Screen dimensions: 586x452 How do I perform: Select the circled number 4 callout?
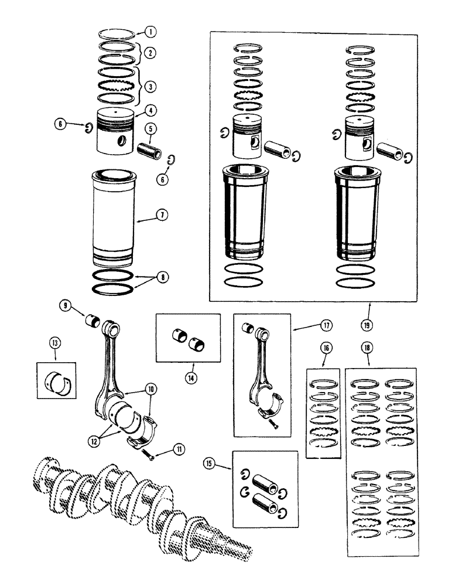[152, 110]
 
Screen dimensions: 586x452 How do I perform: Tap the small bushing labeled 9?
[91, 322]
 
